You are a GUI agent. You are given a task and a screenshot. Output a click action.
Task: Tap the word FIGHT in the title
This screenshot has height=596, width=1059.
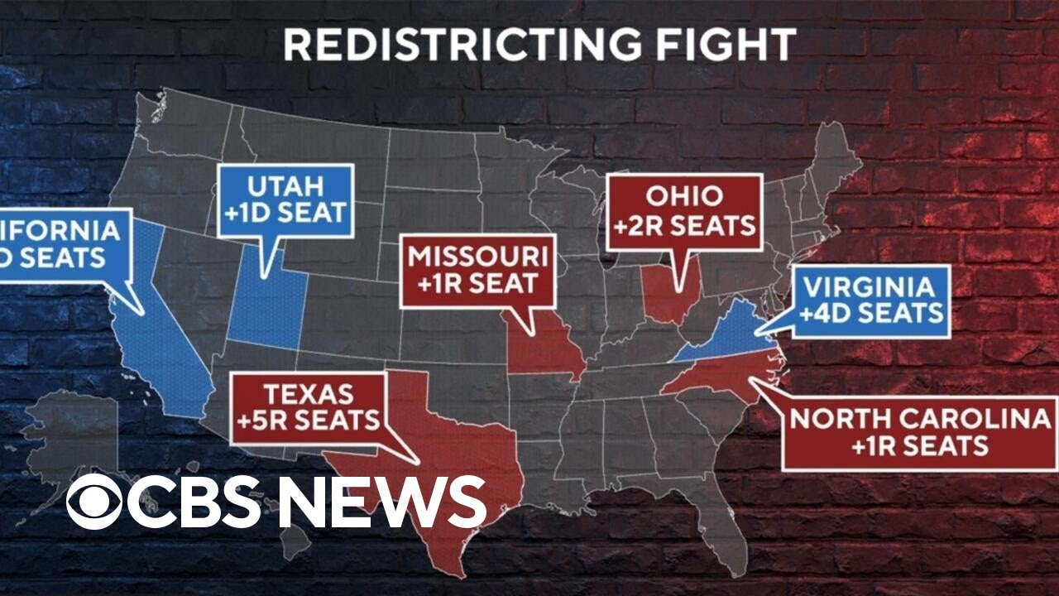[743, 45]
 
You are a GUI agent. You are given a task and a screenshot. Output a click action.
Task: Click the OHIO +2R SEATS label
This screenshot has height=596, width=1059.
[684, 211]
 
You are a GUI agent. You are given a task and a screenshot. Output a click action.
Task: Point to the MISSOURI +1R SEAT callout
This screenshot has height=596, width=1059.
[477, 271]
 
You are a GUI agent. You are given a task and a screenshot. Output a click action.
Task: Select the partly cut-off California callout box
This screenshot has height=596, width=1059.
[62, 245]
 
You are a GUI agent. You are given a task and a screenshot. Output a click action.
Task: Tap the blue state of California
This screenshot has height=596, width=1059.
[161, 348]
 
